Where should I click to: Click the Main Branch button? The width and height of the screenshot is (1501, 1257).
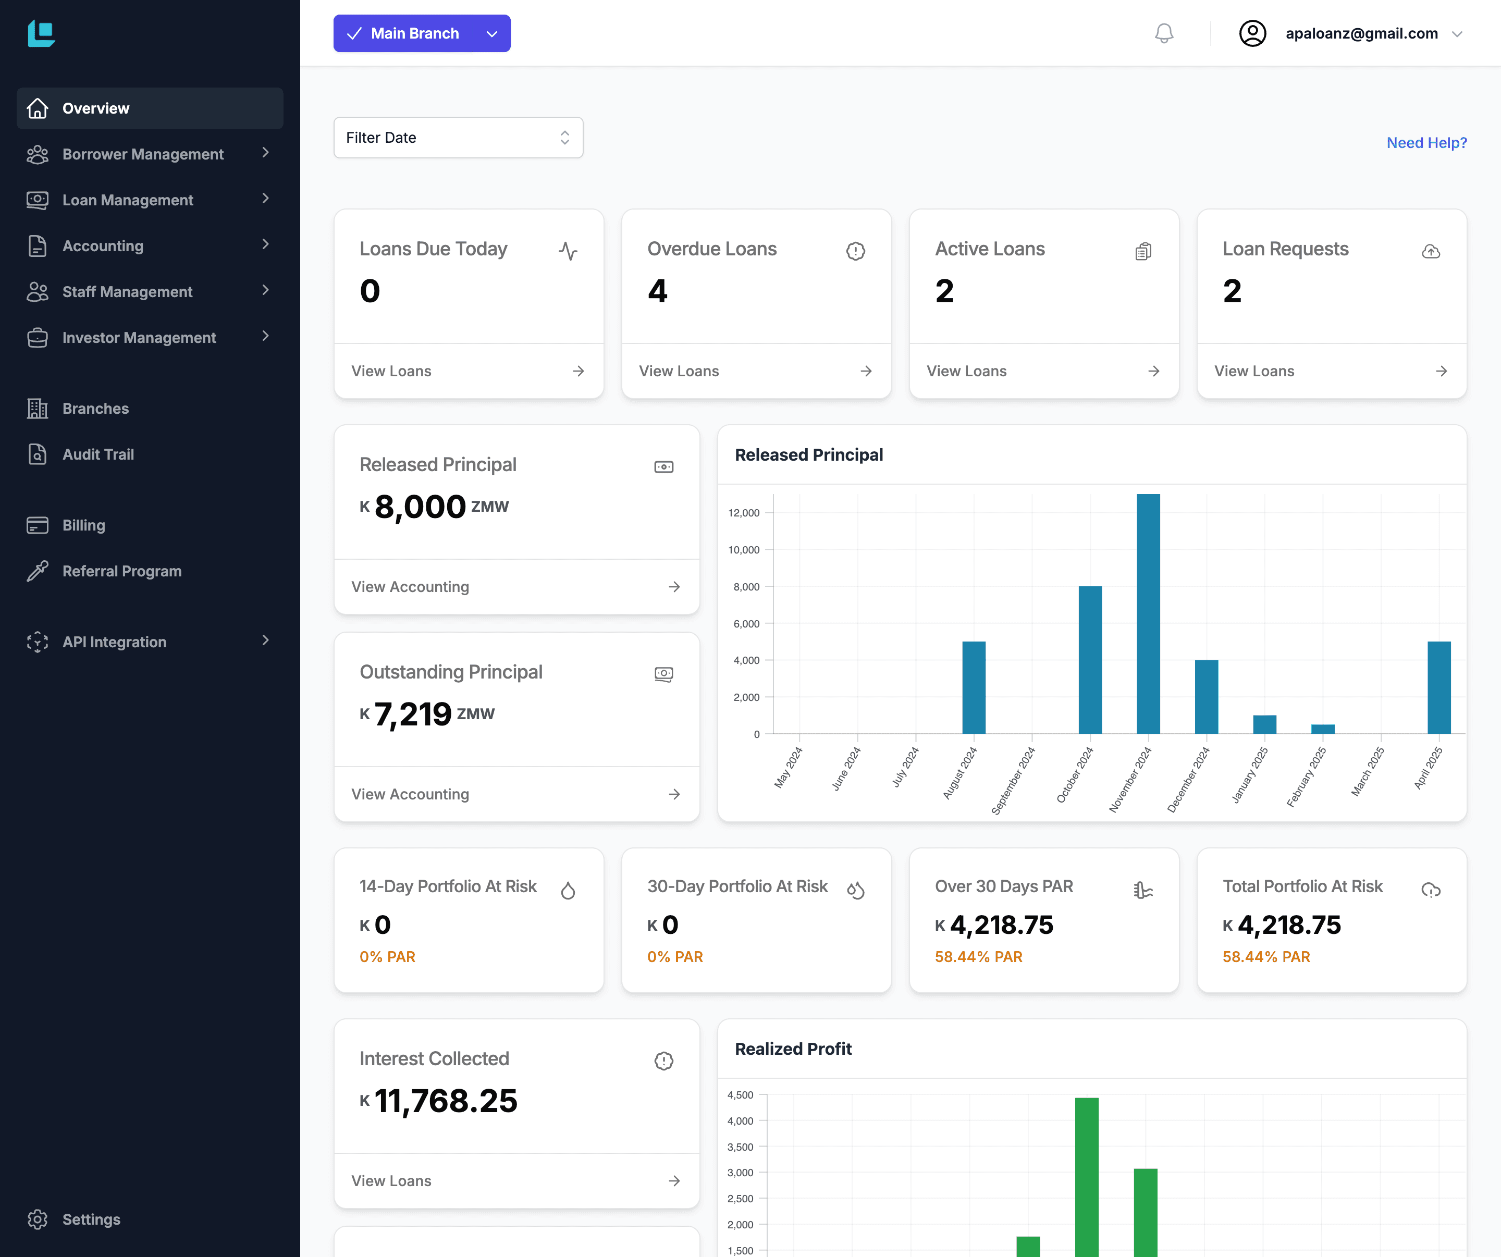click(404, 33)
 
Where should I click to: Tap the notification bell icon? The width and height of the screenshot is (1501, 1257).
click(1164, 33)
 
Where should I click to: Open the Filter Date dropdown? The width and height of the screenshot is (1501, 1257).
click(458, 137)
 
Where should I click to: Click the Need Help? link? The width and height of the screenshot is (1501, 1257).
click(1426, 143)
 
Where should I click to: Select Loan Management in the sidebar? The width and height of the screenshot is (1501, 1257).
click(127, 200)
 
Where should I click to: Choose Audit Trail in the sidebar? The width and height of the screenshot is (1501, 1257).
click(98, 454)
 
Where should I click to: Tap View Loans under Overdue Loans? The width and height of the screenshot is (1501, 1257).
click(756, 371)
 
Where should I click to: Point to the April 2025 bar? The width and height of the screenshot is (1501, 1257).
click(1439, 687)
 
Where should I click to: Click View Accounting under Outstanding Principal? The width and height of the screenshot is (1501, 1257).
click(516, 794)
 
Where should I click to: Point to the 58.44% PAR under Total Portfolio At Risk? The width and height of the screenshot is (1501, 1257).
click(1266, 957)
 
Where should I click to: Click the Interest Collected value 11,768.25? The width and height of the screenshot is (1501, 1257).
click(445, 1101)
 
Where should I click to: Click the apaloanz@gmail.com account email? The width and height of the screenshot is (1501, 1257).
click(1361, 33)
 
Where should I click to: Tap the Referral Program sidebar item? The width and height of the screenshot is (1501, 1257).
click(121, 571)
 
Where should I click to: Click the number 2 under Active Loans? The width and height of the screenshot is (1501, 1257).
click(944, 291)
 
